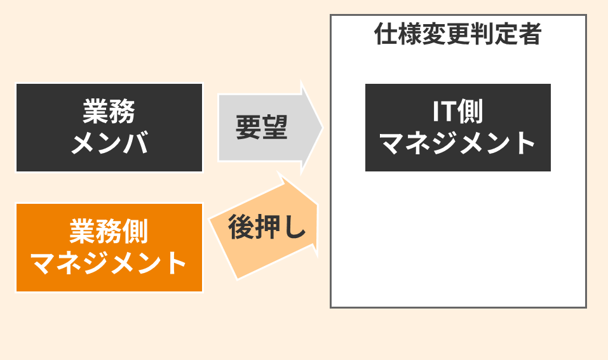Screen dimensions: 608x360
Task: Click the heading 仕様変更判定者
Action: tap(457, 34)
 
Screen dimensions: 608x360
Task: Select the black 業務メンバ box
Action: tap(109, 128)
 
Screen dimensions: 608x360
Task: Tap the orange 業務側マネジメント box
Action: tap(109, 248)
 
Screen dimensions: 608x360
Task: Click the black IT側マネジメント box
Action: tap(458, 128)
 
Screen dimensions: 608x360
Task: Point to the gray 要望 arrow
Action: tap(270, 128)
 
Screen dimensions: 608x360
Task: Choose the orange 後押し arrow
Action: tap(264, 227)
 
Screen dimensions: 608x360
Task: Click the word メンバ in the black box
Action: tap(110, 143)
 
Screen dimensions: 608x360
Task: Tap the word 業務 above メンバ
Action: tap(109, 112)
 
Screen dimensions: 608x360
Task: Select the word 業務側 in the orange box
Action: tap(109, 231)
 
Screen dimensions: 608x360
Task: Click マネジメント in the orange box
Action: tap(109, 263)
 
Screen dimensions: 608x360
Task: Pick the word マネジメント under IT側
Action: tap(458, 143)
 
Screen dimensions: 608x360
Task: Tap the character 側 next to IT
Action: tap(470, 112)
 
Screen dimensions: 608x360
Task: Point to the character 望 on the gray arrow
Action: tap(275, 128)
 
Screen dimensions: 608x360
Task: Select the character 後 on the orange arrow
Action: tap(241, 227)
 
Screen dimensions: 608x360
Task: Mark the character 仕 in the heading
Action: tap(386, 34)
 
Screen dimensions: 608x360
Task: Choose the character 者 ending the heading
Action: tap(530, 34)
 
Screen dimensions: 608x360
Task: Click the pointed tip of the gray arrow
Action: tap(322, 128)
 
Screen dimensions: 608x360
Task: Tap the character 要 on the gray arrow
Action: tap(248, 128)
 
